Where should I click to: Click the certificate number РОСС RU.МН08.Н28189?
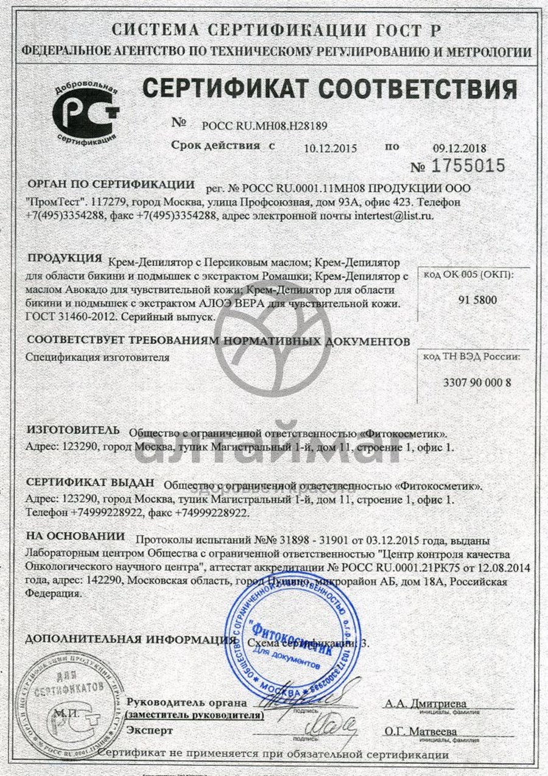pyautogui.click(x=264, y=126)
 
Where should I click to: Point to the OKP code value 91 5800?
pyautogui.click(x=468, y=300)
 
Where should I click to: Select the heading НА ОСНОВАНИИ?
pyautogui.click(x=75, y=537)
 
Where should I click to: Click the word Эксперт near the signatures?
pyautogui.click(x=149, y=730)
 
